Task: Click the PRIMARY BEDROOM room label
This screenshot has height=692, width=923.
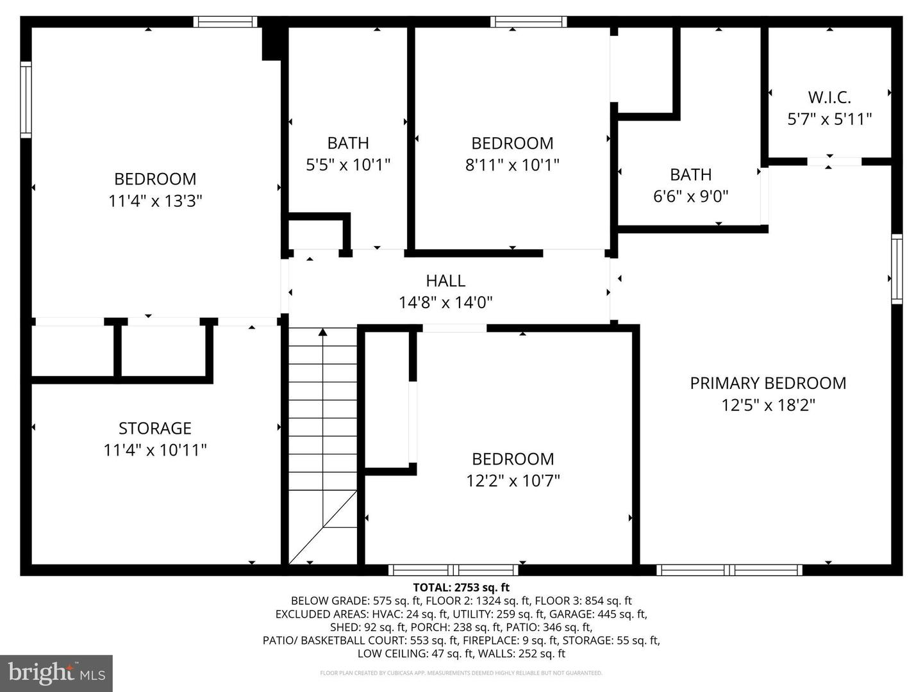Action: tap(768, 383)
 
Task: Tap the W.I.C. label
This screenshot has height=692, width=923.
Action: tap(829, 97)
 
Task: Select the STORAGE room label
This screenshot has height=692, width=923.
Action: tap(155, 428)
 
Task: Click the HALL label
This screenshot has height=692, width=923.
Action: tap(445, 281)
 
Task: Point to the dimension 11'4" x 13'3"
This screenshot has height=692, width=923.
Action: tap(155, 201)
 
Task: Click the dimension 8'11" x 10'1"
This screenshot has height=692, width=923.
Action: tap(512, 165)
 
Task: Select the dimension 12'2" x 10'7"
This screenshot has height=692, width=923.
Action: tap(513, 481)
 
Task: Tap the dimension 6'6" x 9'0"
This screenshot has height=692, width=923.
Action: tap(690, 197)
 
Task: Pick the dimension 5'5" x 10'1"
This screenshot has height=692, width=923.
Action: tap(348, 165)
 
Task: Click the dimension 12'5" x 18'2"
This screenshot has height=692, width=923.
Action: tap(768, 405)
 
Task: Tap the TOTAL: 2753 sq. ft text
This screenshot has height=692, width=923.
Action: tap(462, 587)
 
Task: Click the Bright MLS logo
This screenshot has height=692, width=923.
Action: tap(56, 673)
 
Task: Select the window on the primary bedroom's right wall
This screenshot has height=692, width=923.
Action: tap(897, 269)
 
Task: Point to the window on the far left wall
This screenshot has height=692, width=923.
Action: tap(26, 99)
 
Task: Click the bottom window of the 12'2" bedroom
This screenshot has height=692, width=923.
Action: tap(454, 570)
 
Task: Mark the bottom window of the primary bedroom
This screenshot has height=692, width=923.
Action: tap(729, 570)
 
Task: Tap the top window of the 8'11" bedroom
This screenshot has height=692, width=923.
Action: tap(529, 22)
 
